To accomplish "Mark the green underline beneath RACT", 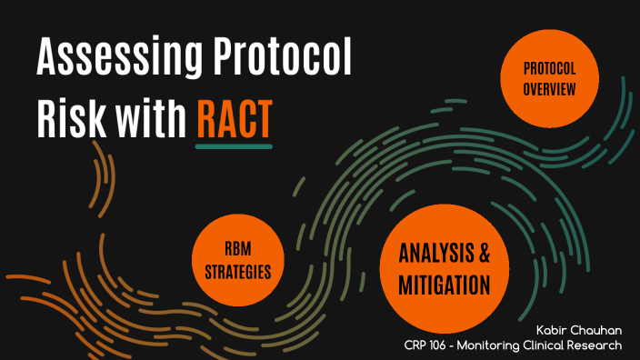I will tap(234, 145).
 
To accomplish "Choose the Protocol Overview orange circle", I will tap(549, 80).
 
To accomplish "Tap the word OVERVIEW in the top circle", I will tap(549, 89).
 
